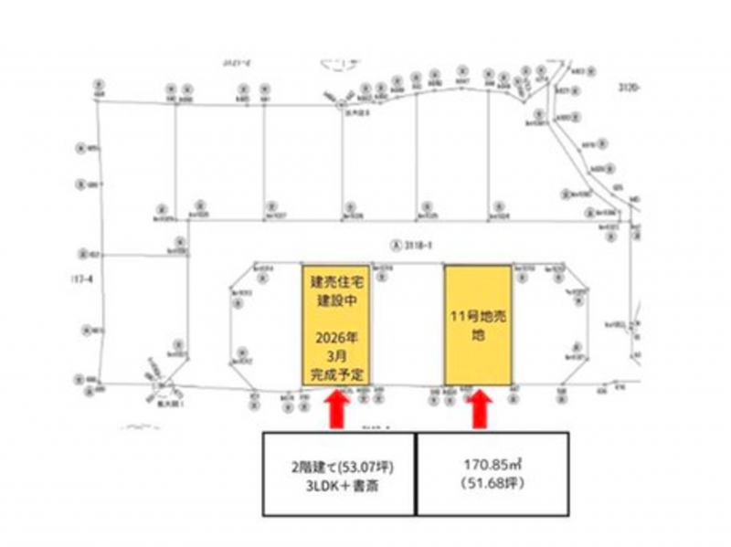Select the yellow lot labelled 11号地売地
478,325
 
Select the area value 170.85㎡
493,464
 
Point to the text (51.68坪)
493,482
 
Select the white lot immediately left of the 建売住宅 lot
270,325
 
